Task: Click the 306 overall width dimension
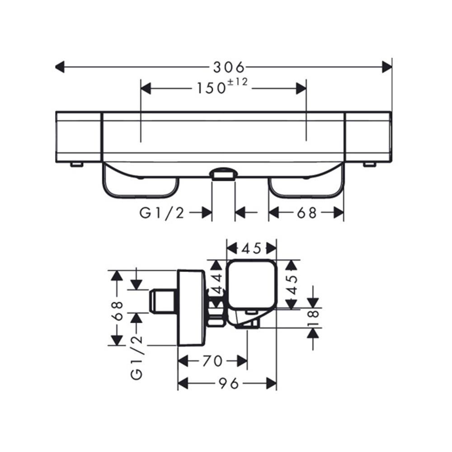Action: (229, 67)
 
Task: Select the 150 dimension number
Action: (211, 88)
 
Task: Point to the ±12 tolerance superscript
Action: (238, 82)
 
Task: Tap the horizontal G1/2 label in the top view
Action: (162, 214)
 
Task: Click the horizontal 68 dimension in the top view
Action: (307, 213)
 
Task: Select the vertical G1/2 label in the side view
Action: (137, 357)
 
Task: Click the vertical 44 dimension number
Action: (218, 283)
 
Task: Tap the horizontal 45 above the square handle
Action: (251, 249)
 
